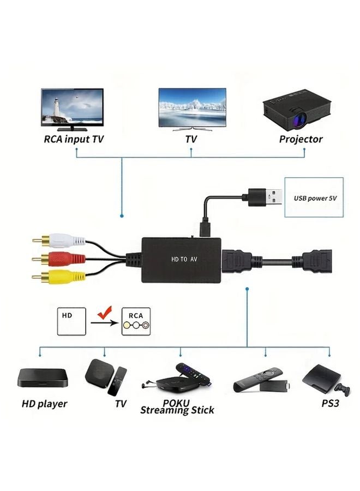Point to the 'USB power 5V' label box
click(315, 197)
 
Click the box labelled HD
click(72, 321)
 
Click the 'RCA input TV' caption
click(73, 139)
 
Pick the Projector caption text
click(301, 139)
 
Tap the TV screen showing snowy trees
click(191, 105)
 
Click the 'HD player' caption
click(44, 404)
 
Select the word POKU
click(176, 403)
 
